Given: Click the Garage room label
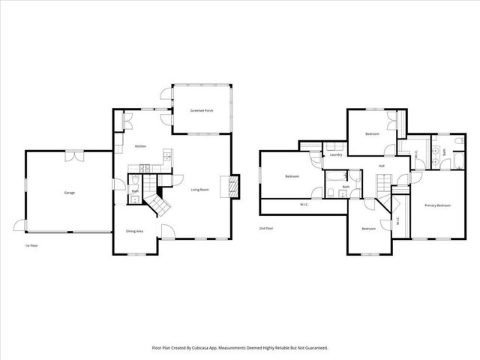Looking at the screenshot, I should [x=69, y=193].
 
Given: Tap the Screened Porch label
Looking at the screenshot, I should [x=201, y=110].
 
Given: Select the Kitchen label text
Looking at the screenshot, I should [x=139, y=146].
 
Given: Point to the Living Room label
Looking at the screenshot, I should [x=199, y=189].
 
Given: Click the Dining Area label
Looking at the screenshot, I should [x=135, y=231].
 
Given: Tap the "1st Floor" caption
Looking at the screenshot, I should [x=31, y=245].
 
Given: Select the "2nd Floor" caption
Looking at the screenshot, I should [x=266, y=227].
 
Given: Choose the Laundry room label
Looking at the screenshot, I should [x=335, y=155].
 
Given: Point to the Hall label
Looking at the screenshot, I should [x=381, y=166].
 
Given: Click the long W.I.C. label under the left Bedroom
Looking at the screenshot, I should [x=304, y=205].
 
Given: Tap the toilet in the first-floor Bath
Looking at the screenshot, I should [x=134, y=180].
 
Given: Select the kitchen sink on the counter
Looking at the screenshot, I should [x=167, y=157].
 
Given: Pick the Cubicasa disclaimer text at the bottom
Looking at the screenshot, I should [x=240, y=348].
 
